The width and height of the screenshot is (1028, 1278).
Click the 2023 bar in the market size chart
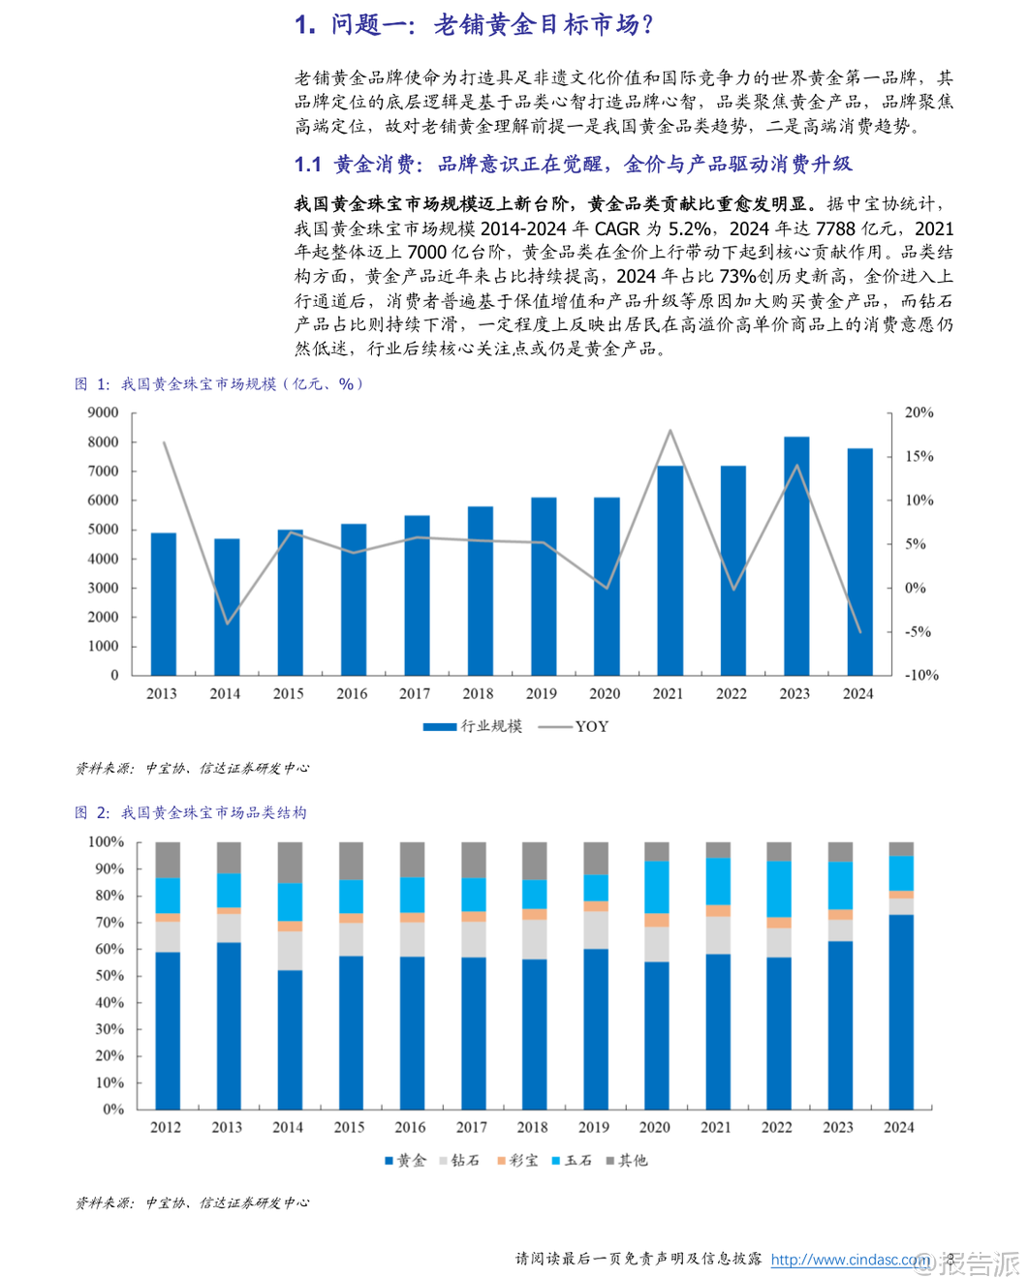795,556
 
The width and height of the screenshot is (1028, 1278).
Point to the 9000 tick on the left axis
103,412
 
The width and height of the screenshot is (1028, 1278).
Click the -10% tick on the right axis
921,675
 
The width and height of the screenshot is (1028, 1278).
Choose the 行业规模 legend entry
473,726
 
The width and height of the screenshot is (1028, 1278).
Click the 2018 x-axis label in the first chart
478,693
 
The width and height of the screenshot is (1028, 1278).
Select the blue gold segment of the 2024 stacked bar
901,1012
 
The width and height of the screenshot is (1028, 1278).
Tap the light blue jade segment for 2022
778,889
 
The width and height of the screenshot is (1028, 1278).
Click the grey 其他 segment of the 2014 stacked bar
290,862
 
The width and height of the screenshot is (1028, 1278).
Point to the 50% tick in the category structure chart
107,976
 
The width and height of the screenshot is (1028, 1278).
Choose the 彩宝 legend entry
517,1160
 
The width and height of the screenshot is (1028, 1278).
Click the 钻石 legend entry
459,1160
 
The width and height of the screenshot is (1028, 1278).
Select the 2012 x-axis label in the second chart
166,1127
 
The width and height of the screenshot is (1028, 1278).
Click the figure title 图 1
92,384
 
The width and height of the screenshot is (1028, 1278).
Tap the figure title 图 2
92,813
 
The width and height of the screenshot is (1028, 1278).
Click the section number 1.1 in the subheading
307,165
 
